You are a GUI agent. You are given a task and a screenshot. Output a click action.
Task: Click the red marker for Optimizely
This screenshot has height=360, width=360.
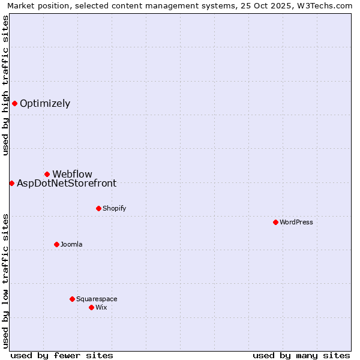point(14,103)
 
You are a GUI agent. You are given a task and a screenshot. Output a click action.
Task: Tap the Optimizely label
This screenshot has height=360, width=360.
point(45,104)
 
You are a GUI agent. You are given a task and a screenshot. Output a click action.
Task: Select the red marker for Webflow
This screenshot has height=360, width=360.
point(47,174)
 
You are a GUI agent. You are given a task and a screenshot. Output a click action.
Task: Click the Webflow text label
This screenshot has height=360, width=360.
point(72,175)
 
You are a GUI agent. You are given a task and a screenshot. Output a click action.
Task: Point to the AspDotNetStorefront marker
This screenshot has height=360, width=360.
point(11,183)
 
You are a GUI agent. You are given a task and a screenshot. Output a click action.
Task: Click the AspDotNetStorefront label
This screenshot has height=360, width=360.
point(67,184)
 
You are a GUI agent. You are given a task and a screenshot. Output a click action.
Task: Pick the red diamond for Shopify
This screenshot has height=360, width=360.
point(98,208)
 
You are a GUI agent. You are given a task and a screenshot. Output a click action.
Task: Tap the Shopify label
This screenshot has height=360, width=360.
point(114,209)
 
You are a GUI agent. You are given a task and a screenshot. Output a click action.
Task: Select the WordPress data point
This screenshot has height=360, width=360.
point(275,222)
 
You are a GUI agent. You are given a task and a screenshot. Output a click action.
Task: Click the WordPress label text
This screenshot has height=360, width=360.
point(296,223)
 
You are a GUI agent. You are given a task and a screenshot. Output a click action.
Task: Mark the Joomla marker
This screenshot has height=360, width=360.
point(56,244)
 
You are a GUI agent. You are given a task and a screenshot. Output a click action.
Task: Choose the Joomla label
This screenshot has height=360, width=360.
point(71,245)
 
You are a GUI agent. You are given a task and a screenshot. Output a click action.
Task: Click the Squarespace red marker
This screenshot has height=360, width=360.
point(72,299)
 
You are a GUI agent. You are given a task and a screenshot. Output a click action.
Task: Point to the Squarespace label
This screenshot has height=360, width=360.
point(97,299)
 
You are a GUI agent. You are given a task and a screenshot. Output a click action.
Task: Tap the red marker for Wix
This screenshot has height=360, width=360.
point(91,307)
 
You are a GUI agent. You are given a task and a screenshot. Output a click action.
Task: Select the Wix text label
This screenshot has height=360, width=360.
point(101,308)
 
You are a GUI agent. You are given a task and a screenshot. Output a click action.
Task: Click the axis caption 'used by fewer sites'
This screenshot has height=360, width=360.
point(62,355)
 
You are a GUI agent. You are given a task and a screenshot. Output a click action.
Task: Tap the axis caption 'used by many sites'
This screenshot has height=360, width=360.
point(301,355)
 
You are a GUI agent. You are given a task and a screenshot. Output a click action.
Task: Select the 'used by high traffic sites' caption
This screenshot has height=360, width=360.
point(5,85)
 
